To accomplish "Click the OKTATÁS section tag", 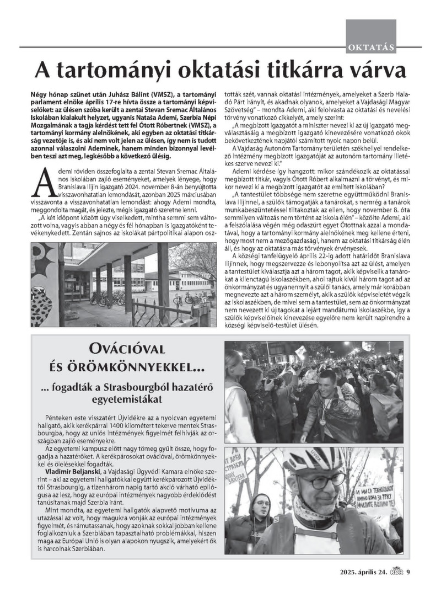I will click(x=371, y=47).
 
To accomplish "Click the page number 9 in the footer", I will click(x=408, y=572).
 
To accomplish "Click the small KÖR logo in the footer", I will click(x=397, y=571).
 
